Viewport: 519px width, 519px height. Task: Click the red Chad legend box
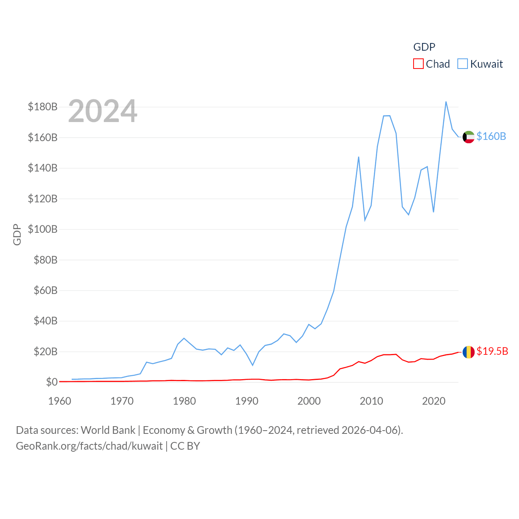(x=418, y=64)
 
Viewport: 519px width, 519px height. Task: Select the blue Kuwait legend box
(x=462, y=64)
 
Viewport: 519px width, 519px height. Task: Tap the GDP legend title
(x=424, y=47)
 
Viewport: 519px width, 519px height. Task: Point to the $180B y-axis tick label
(x=43, y=107)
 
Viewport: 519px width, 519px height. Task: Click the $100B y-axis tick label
(x=43, y=229)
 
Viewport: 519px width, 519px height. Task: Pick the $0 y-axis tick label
(x=51, y=382)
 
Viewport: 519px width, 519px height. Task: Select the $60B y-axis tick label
(x=45, y=290)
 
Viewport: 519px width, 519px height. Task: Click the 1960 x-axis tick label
(x=60, y=401)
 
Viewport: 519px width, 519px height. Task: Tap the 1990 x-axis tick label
(x=247, y=401)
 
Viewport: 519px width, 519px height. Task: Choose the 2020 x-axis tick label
(x=433, y=401)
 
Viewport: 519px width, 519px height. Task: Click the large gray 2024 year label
(x=103, y=111)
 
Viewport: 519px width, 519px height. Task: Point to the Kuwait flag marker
(x=468, y=137)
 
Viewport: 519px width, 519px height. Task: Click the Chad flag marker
(x=468, y=352)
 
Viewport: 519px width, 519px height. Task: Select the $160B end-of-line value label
(x=491, y=136)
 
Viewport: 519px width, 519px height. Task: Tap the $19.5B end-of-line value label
(x=492, y=351)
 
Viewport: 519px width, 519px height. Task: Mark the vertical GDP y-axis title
(x=17, y=234)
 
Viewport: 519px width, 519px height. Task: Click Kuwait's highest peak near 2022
(x=446, y=102)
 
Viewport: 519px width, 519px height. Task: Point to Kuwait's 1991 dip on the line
(x=253, y=365)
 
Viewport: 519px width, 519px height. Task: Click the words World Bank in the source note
(x=108, y=430)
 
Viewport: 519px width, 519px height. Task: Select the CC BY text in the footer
(x=185, y=446)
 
